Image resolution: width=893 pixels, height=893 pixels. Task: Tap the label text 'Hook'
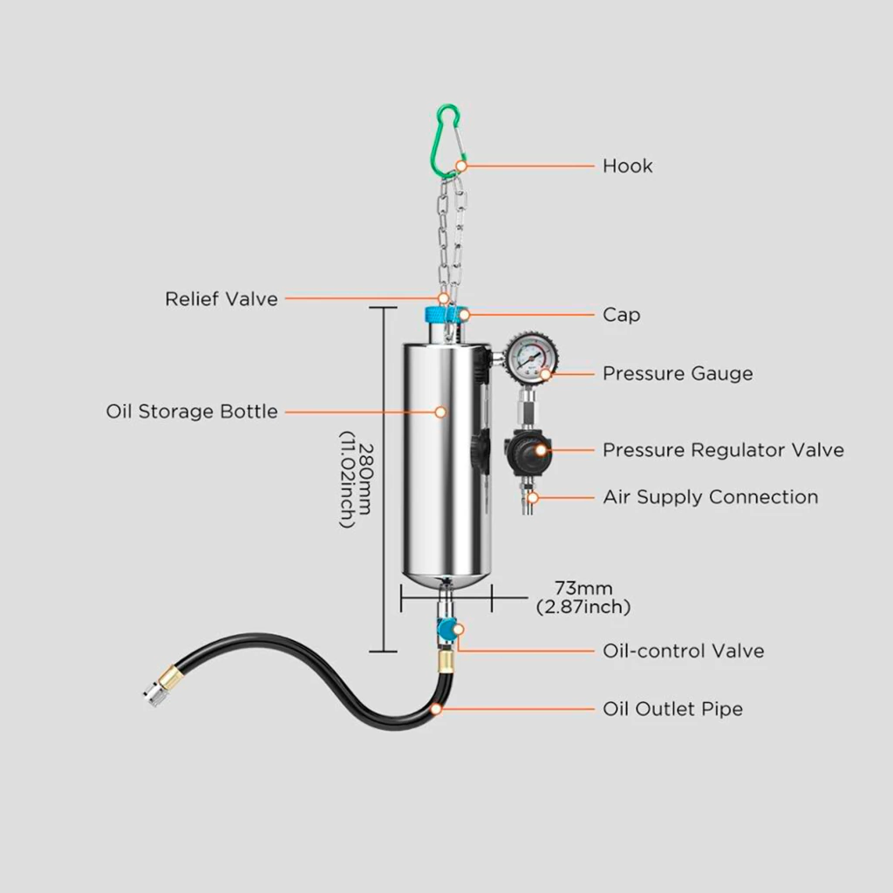(x=628, y=167)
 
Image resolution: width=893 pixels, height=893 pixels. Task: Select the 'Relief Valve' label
(x=222, y=299)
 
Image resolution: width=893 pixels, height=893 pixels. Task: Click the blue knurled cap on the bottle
(x=444, y=314)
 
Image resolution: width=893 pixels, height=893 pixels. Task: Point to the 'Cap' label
(x=621, y=315)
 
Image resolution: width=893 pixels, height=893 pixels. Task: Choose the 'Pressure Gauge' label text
(x=678, y=373)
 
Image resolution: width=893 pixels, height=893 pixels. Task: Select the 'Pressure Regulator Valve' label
(x=723, y=450)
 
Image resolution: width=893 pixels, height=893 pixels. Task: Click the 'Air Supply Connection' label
(x=711, y=497)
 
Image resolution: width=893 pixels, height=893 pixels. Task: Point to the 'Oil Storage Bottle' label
(x=192, y=412)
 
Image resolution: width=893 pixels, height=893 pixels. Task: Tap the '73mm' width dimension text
(x=583, y=588)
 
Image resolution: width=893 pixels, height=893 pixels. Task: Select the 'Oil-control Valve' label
(x=684, y=651)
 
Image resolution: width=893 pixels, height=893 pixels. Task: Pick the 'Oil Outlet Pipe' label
(x=672, y=709)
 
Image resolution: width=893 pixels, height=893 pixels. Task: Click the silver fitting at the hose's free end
(x=153, y=695)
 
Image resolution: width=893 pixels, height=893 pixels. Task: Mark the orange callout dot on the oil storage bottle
(x=440, y=412)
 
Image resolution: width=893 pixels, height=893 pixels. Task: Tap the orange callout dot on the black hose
(x=436, y=710)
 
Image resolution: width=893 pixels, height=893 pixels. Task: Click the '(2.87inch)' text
(x=583, y=607)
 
